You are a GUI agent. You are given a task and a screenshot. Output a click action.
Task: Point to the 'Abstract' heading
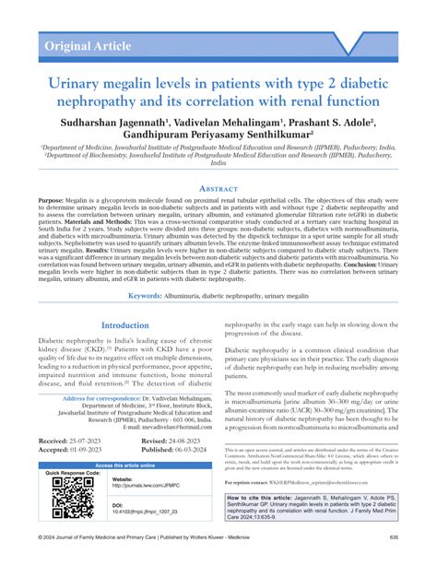(218, 187)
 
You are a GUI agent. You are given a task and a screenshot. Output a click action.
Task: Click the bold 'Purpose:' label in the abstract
(52, 200)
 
